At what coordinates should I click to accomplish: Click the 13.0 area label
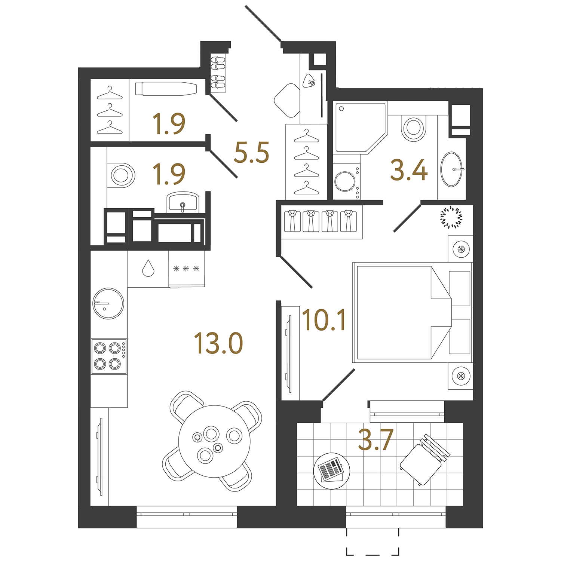(x=218, y=344)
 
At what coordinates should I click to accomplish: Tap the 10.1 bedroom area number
(x=324, y=321)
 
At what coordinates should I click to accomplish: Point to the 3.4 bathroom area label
(x=409, y=170)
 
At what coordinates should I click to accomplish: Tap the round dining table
(x=214, y=441)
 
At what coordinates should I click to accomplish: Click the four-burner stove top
(x=109, y=356)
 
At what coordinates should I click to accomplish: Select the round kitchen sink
(x=108, y=303)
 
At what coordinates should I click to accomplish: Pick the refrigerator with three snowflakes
(x=186, y=269)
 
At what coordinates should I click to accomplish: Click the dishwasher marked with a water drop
(x=148, y=269)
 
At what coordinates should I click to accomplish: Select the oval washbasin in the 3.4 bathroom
(x=452, y=169)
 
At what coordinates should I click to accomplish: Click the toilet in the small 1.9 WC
(x=121, y=175)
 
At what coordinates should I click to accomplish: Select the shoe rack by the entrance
(x=218, y=73)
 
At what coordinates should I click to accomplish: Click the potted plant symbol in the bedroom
(x=451, y=217)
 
